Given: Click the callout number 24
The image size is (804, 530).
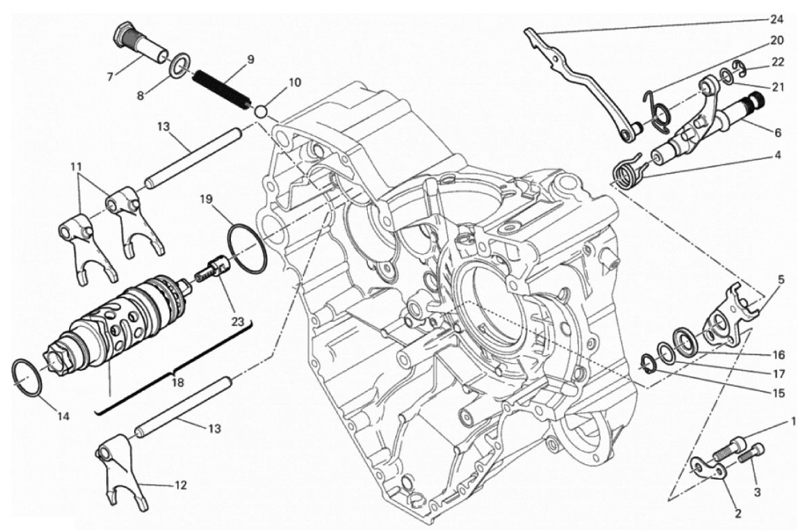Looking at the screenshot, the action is [776, 20].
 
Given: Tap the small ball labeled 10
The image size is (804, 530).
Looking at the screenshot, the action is [261, 111].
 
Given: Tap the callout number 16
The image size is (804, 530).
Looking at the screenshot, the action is [778, 355].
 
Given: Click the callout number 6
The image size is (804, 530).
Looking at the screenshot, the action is [778, 133].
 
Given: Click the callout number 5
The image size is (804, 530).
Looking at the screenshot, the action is [781, 280].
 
